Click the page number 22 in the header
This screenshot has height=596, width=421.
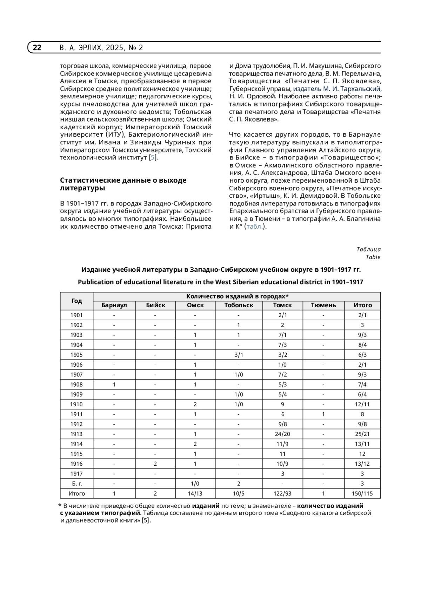(37, 48)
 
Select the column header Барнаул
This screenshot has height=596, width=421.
(114, 305)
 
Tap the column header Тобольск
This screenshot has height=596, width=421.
(239, 305)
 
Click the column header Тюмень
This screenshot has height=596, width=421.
(323, 305)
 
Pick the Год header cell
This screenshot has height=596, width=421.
(76, 301)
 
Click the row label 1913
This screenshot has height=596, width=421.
(76, 434)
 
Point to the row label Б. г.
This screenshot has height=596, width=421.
(76, 484)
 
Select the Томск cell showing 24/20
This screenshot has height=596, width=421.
(282, 434)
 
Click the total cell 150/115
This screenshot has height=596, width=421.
(362, 493)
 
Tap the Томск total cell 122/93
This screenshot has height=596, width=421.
(282, 493)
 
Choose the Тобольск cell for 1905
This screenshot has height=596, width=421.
(239, 355)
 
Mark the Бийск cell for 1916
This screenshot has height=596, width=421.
(155, 464)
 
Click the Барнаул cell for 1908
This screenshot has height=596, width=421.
(114, 385)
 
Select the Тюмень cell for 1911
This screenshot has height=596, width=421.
(323, 414)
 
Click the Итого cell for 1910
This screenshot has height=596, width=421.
(362, 405)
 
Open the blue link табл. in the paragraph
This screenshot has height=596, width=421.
(255, 227)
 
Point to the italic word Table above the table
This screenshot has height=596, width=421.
(373, 257)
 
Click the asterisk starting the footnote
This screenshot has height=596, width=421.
(60, 506)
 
